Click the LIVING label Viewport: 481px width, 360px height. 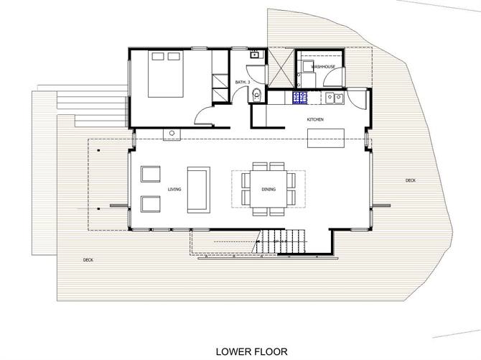tap(174, 190)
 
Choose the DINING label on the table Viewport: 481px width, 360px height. tap(268, 190)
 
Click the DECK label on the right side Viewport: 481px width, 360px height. tap(410, 180)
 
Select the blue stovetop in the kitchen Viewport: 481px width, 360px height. tap(299, 97)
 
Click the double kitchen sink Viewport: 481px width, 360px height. tap(332, 97)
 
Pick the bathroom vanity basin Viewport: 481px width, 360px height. tap(254, 55)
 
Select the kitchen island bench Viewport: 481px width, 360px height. tap(325, 137)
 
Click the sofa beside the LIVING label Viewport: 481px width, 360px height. tap(197, 190)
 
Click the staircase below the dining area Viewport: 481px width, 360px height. tap(281, 240)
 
